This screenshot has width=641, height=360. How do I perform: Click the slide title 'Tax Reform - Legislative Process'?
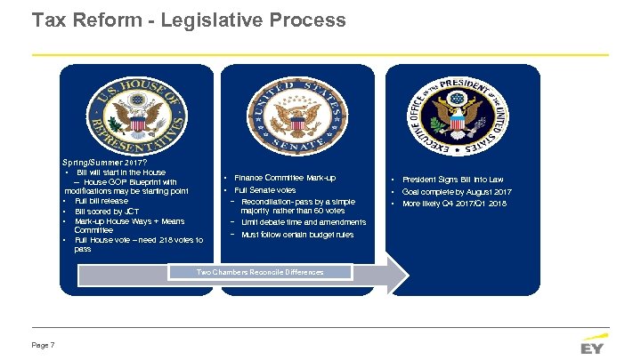(x=188, y=20)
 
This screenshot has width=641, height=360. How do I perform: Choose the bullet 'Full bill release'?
(x=101, y=201)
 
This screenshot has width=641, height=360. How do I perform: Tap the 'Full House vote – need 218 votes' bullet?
(x=138, y=240)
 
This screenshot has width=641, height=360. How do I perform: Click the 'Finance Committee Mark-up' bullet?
(x=284, y=178)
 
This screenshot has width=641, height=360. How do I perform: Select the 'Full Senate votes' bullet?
(x=264, y=190)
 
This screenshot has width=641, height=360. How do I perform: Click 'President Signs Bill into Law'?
(x=452, y=180)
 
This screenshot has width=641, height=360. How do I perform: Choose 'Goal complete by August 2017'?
(x=457, y=192)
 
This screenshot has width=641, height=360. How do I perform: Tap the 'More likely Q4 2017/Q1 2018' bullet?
(x=454, y=204)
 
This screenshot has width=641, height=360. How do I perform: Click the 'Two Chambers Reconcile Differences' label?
(x=260, y=271)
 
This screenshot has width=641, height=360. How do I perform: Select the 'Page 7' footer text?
(x=44, y=345)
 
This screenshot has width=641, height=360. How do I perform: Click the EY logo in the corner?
(x=591, y=345)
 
